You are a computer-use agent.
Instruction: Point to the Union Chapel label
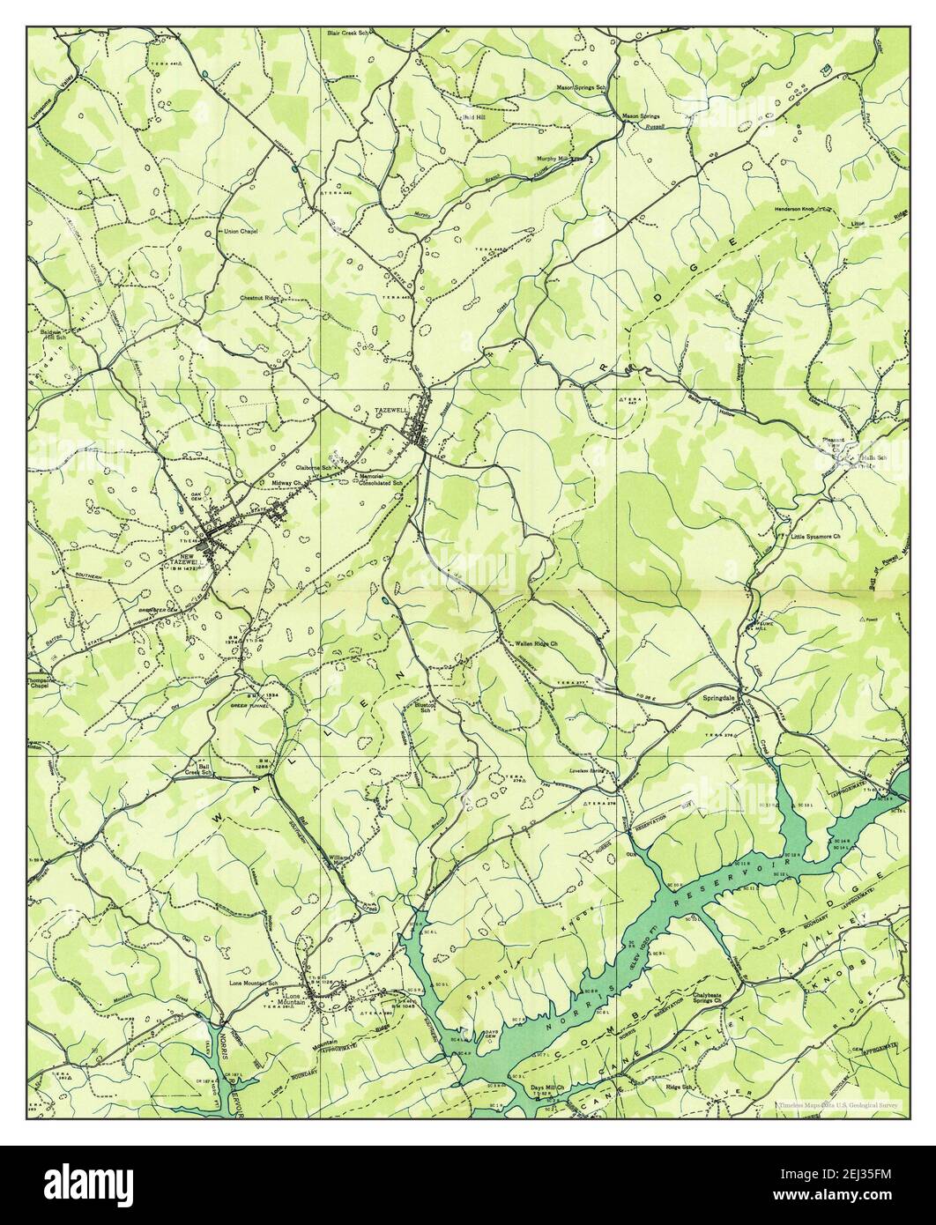click(240, 232)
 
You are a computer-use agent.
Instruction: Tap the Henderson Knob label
click(793, 209)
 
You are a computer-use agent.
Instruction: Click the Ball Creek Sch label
click(200, 768)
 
